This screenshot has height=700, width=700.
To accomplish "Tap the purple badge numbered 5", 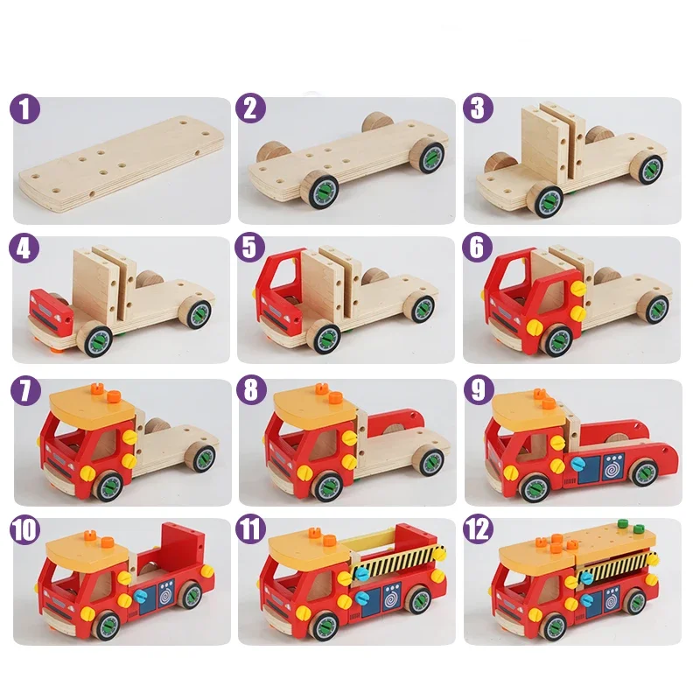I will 252,249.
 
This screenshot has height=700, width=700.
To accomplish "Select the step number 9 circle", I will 478,390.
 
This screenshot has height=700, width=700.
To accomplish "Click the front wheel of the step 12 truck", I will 555,626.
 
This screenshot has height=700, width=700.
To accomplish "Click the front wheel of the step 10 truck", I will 106,625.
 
